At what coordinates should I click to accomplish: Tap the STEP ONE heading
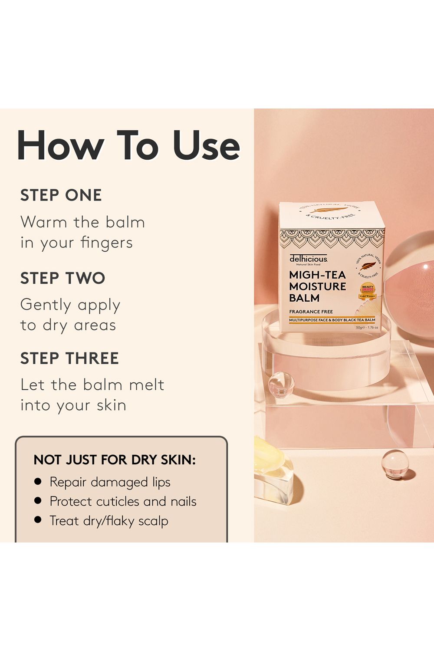61,195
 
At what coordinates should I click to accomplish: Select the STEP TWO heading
62,278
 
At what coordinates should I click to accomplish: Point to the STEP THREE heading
69,358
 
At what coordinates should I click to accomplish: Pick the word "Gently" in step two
46,305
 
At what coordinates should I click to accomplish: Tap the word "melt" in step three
146,385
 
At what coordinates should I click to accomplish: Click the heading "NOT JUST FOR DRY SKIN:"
115,460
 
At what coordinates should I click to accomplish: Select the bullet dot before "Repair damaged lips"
38,481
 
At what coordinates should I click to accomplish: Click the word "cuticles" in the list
118,502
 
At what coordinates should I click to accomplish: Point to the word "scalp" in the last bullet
153,521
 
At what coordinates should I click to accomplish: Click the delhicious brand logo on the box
308,259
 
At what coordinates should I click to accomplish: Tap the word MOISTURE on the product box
317,286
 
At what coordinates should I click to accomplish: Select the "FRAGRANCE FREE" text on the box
311,312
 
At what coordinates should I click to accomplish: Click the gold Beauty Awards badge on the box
367,291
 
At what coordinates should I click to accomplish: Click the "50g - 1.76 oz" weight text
367,328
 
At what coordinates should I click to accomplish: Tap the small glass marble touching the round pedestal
281,385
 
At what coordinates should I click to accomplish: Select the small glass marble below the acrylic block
395,464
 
